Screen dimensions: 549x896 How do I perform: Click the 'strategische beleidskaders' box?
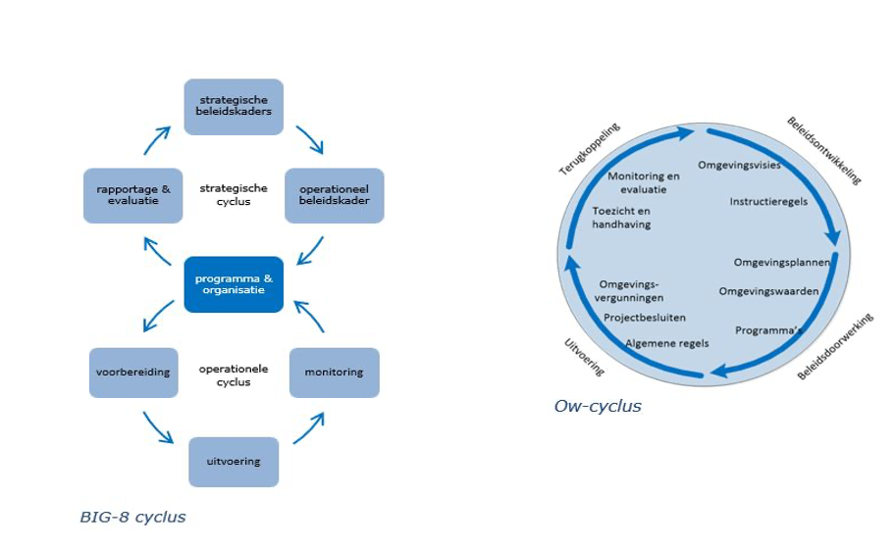point(234,107)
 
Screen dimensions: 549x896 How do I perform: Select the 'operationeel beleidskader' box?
point(334,195)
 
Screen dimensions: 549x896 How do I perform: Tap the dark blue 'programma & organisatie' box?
point(234,284)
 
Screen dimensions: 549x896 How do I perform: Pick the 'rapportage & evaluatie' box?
point(133,195)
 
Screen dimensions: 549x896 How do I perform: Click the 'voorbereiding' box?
point(133,373)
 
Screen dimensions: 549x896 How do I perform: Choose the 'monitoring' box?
point(334,373)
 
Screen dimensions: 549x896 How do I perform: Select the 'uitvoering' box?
point(234,461)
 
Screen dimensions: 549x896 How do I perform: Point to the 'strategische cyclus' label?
point(234,195)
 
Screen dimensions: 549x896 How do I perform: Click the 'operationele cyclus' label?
point(234,374)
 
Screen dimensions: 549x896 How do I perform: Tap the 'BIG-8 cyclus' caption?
point(132,517)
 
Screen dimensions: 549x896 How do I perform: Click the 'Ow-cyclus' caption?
point(598,406)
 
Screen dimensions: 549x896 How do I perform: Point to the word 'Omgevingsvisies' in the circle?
point(739,165)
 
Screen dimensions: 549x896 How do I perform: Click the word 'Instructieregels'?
point(768,201)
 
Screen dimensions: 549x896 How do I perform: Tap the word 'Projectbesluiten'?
point(645,318)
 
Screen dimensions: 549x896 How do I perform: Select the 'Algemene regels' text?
point(666,343)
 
